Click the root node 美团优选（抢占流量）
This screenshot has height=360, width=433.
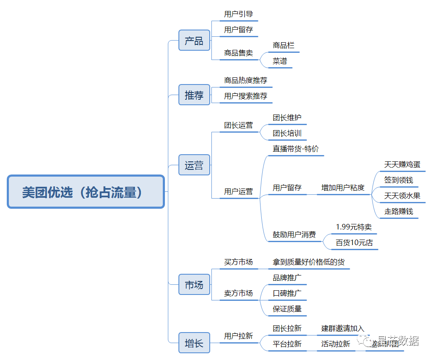(85, 192)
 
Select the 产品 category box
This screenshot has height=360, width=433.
(194, 41)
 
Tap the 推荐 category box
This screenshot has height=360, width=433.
(194, 95)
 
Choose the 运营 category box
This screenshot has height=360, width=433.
(194, 165)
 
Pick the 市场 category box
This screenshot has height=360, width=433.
(194, 285)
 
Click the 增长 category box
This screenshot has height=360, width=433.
(194, 343)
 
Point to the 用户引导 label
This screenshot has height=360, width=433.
(238, 14)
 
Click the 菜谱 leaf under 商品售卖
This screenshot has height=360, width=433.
(280, 61)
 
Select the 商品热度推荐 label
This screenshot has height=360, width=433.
(246, 80)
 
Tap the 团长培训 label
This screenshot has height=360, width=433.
(287, 134)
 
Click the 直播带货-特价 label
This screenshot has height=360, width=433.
(296, 149)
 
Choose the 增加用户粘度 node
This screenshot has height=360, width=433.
(343, 188)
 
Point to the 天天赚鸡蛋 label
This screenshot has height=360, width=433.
(402, 165)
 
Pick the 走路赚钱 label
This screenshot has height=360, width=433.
(399, 211)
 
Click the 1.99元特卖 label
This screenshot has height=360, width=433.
(354, 227)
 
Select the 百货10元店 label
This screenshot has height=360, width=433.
(354, 243)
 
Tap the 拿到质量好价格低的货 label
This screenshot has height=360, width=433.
(309, 262)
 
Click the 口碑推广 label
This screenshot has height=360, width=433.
(287, 293)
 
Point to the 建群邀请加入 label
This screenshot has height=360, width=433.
(343, 328)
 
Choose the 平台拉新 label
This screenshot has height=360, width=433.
(287, 344)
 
